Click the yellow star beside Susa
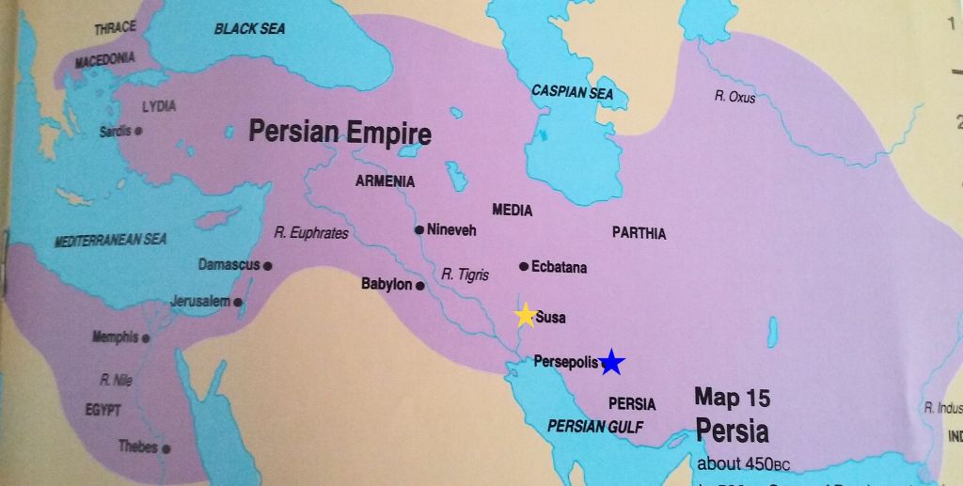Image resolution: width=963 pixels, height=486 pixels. coord(525,316)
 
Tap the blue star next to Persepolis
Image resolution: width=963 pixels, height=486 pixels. coord(612,362)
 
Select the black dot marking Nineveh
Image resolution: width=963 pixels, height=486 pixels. coord(418,229)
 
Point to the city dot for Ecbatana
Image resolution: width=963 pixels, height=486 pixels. coord(524,267)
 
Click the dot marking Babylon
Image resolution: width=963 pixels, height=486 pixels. coord(420,284)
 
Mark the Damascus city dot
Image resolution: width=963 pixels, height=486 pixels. coord(268,266)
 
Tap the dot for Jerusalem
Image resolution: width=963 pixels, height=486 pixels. coord(238,302)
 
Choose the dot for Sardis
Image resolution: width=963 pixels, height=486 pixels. coord(138,132)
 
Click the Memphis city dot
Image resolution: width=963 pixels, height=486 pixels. coord(146,337)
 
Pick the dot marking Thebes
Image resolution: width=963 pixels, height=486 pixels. coord(166,448)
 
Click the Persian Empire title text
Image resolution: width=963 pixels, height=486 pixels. coord(339,132)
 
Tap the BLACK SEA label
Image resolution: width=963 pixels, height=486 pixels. coord(249,29)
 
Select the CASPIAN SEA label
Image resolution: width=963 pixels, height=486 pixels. coord(572,93)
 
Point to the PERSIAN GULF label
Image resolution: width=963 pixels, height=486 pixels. coord(594,426)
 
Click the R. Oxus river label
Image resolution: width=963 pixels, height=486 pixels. coord(734,97)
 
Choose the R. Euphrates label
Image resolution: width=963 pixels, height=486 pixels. coord(311,233)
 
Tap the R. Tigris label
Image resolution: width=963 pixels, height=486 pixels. coord(466,274)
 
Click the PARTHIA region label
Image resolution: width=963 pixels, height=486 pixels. coord(639,233)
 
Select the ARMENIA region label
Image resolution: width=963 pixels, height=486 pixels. coord(385,181)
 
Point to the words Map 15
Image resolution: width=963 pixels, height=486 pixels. coord(732,398)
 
